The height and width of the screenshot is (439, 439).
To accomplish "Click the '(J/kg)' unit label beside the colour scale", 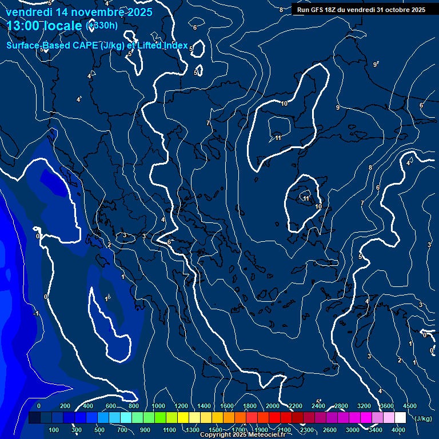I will pyautogui.click(x=423, y=418).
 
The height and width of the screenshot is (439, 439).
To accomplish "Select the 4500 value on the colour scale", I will pyautogui.click(x=410, y=405).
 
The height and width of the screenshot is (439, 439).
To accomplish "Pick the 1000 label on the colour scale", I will pyautogui.click(x=158, y=405).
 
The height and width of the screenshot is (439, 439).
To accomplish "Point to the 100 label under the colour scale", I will pyautogui.click(x=54, y=430).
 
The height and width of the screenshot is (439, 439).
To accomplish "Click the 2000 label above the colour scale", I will pyautogui.click(x=273, y=405).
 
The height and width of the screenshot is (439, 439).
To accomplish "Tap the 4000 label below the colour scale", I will pyautogui.click(x=398, y=430).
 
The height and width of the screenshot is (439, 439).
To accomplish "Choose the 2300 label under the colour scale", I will pyautogui.click(x=306, y=430).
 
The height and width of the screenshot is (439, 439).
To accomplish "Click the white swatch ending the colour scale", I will pyautogui.click(x=400, y=418).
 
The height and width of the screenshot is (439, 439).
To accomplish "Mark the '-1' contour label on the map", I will pyautogui.click(x=36, y=313).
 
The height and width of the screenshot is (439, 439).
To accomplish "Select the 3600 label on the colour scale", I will pyautogui.click(x=386, y=405).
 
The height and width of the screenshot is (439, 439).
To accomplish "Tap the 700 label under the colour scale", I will pyautogui.click(x=123, y=430).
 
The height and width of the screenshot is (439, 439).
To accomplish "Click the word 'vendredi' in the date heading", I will pyautogui.click(x=27, y=12).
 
